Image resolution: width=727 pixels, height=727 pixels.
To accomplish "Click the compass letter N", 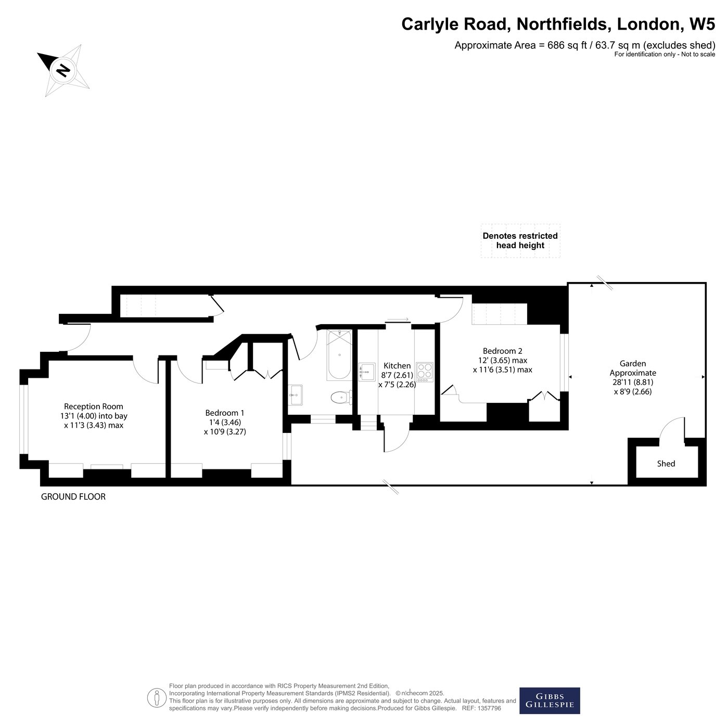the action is click(x=63, y=70).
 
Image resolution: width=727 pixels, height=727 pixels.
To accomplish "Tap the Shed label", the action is click(x=666, y=464).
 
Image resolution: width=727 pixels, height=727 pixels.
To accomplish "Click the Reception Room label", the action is click(x=94, y=406).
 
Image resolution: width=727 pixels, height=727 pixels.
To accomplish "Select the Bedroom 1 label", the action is click(x=224, y=413).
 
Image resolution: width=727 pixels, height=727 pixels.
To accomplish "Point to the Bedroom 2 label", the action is click(x=502, y=351).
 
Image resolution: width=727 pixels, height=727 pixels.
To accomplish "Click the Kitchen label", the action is click(x=397, y=365).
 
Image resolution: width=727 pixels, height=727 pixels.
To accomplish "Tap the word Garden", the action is click(x=633, y=363).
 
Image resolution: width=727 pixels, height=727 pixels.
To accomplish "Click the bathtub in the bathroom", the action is click(x=339, y=354).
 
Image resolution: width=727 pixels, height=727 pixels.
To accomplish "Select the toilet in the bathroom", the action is click(x=341, y=397).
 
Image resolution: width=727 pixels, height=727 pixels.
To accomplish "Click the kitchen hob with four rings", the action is click(x=425, y=372).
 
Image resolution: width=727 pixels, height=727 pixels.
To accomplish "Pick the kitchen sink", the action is click(x=367, y=372).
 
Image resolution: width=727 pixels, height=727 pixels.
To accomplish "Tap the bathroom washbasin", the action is click(x=296, y=394).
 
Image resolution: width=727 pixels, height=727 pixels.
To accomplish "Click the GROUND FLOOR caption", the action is click(x=73, y=496).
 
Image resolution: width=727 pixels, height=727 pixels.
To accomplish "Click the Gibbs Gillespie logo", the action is click(x=550, y=700).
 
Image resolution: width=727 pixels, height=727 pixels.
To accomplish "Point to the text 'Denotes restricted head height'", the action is click(x=520, y=240).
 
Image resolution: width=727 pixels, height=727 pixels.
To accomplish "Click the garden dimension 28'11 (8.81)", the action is click(x=633, y=382).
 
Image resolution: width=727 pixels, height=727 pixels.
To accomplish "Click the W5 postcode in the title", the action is click(x=702, y=24).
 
